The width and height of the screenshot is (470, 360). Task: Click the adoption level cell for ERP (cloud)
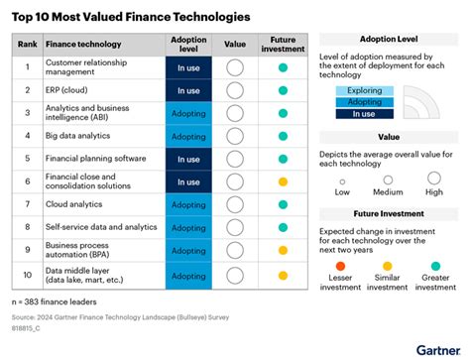tap(188, 90)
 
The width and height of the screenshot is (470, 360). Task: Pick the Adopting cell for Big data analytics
tap(188, 136)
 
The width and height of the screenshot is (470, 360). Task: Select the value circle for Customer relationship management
tap(235, 67)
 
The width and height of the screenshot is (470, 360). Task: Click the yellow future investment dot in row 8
tap(283, 227)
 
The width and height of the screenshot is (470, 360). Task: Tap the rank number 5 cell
tap(29, 159)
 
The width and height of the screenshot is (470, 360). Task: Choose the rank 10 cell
tap(29, 273)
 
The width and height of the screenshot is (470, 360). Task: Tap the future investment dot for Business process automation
tap(283, 250)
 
